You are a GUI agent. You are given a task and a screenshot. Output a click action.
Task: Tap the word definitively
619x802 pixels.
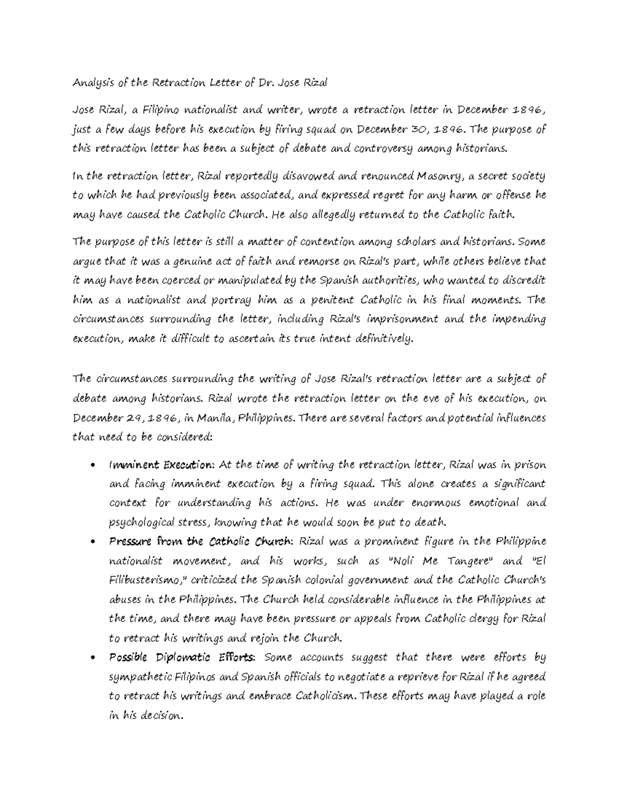point(383,339)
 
